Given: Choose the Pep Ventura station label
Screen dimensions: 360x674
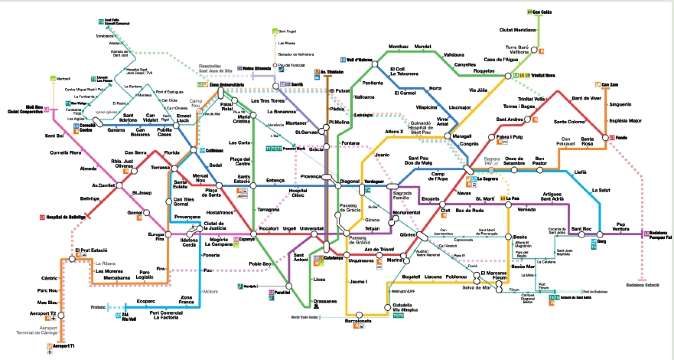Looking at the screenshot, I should [625, 225].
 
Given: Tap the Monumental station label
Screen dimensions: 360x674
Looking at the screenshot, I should [407, 213].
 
